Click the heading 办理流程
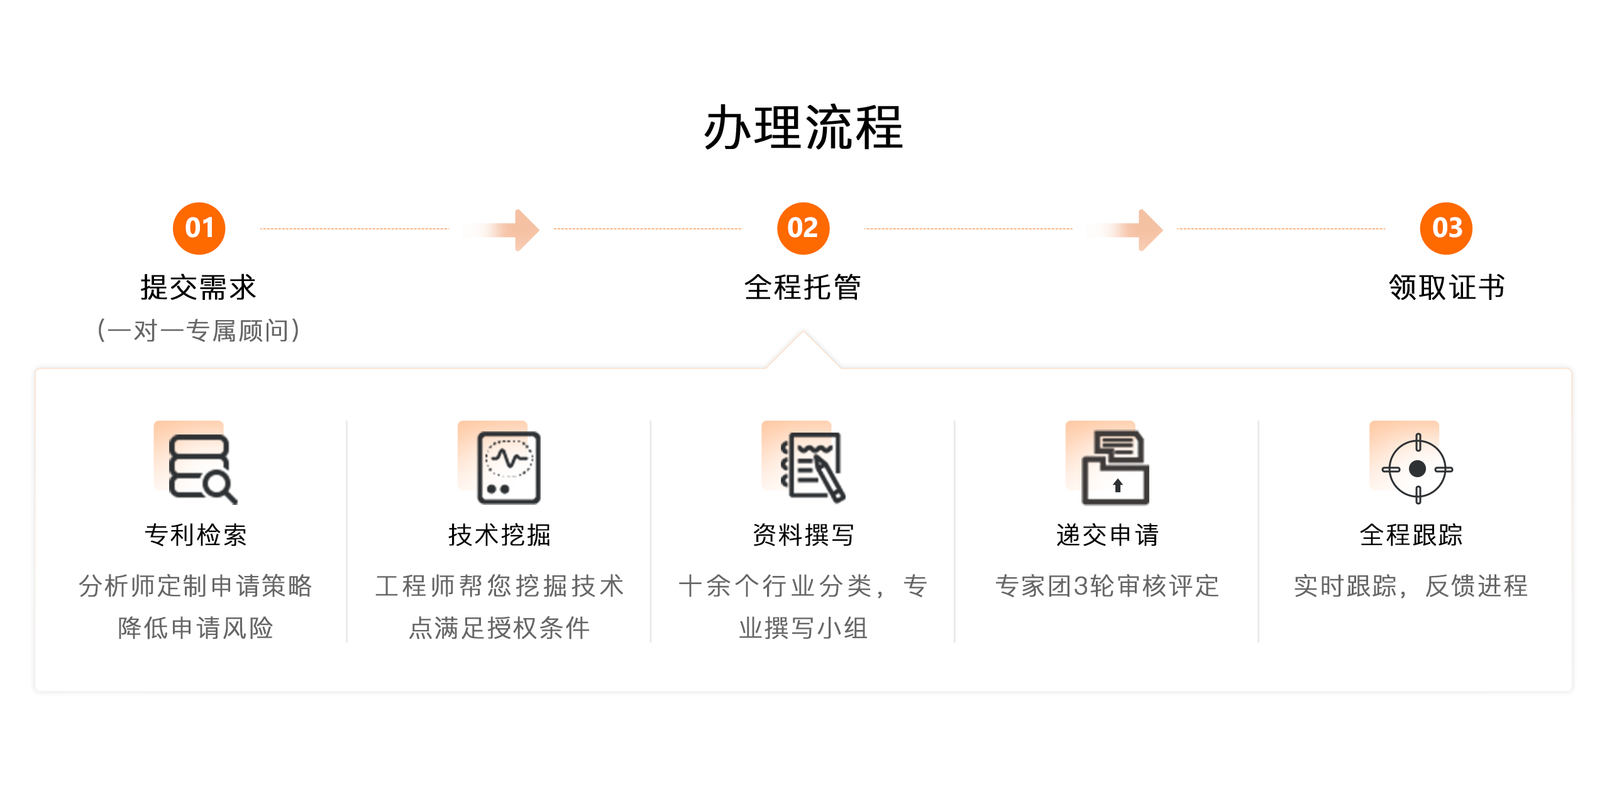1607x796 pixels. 803,128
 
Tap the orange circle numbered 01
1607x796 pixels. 199,228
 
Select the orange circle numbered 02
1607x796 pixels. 803,228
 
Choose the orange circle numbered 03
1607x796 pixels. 1446,228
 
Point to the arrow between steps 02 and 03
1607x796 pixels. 1125,230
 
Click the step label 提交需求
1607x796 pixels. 199,287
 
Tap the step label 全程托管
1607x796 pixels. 803,287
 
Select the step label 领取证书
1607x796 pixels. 1447,287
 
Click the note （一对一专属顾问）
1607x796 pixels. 199,331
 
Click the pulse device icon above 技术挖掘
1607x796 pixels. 509,468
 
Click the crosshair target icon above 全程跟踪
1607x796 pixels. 1417,469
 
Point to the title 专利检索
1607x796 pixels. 196,535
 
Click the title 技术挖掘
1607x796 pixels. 500,535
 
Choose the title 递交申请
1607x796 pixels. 1108,535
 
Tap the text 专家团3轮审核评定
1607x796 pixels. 1107,586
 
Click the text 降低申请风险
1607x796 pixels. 196,627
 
